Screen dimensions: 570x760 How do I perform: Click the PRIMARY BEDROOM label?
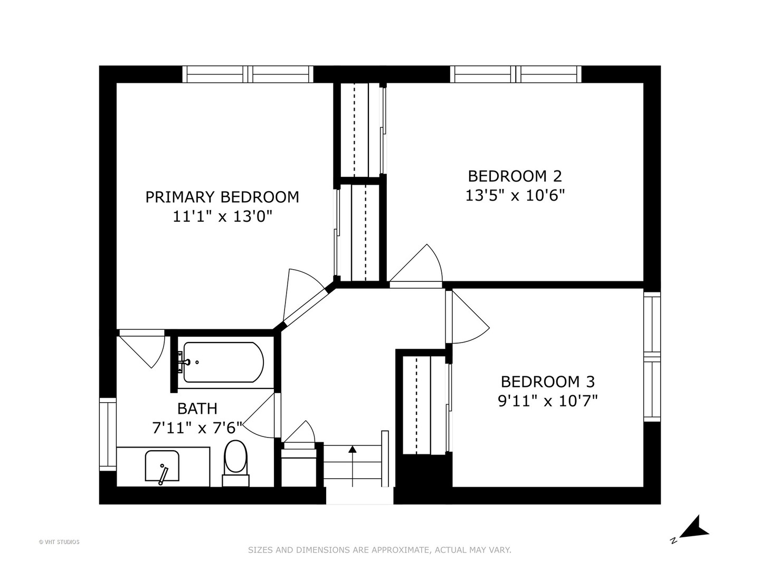pos(222,197)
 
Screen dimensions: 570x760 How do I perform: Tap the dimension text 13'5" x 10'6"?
pos(515,196)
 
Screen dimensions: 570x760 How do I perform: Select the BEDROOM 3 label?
pos(547,381)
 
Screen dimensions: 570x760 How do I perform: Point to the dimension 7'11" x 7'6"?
pos(197,427)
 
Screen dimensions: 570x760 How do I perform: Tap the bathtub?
pos(223,363)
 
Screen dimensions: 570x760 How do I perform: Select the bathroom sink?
pos(162,467)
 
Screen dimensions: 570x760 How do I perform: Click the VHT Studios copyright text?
pos(59,541)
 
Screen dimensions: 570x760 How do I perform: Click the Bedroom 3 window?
pos(652,357)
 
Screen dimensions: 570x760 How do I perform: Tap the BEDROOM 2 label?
pos(515,176)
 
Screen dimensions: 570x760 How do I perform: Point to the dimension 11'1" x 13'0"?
pos(222,216)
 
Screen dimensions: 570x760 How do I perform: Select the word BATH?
pos(197,408)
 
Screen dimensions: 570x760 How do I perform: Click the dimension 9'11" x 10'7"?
pos(547,401)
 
